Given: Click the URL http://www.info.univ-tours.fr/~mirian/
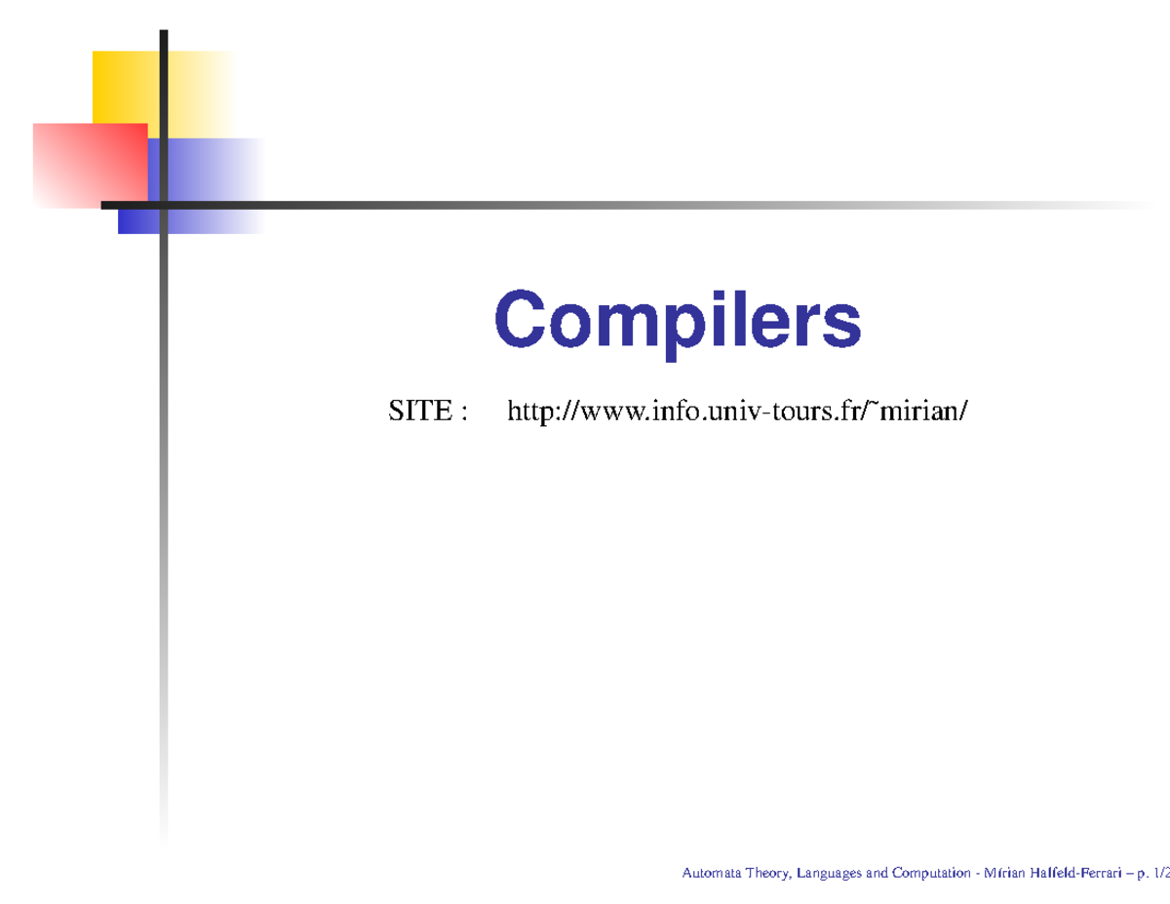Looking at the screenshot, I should pyautogui.click(x=737, y=413).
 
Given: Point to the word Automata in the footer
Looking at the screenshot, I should pyautogui.click(x=712, y=873).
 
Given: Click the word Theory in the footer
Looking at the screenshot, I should pyautogui.click(x=768, y=873).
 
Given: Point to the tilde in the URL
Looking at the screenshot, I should pyautogui.click(x=884, y=407).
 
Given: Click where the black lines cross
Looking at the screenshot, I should pyautogui.click(x=164, y=205).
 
